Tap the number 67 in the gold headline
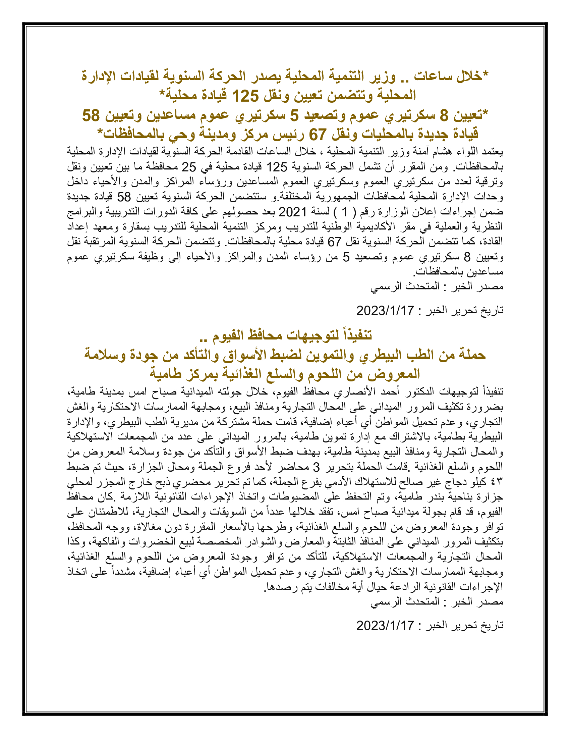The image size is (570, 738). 317,135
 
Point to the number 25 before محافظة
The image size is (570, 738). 189,167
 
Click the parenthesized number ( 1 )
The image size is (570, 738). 344,212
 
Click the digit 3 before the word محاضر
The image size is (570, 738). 316,467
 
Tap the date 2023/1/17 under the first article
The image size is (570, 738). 385,310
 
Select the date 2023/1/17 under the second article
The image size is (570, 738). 385,626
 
